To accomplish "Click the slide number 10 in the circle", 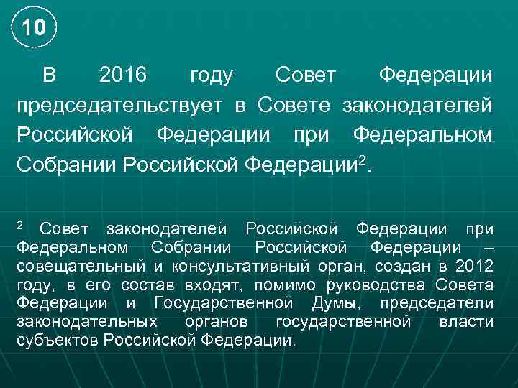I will coord(33,28).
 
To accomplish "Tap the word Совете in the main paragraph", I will coord(296,105).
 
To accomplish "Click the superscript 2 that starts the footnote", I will coord(20,226).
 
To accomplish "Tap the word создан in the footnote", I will coord(401,267).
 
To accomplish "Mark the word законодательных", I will coord(86,322).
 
